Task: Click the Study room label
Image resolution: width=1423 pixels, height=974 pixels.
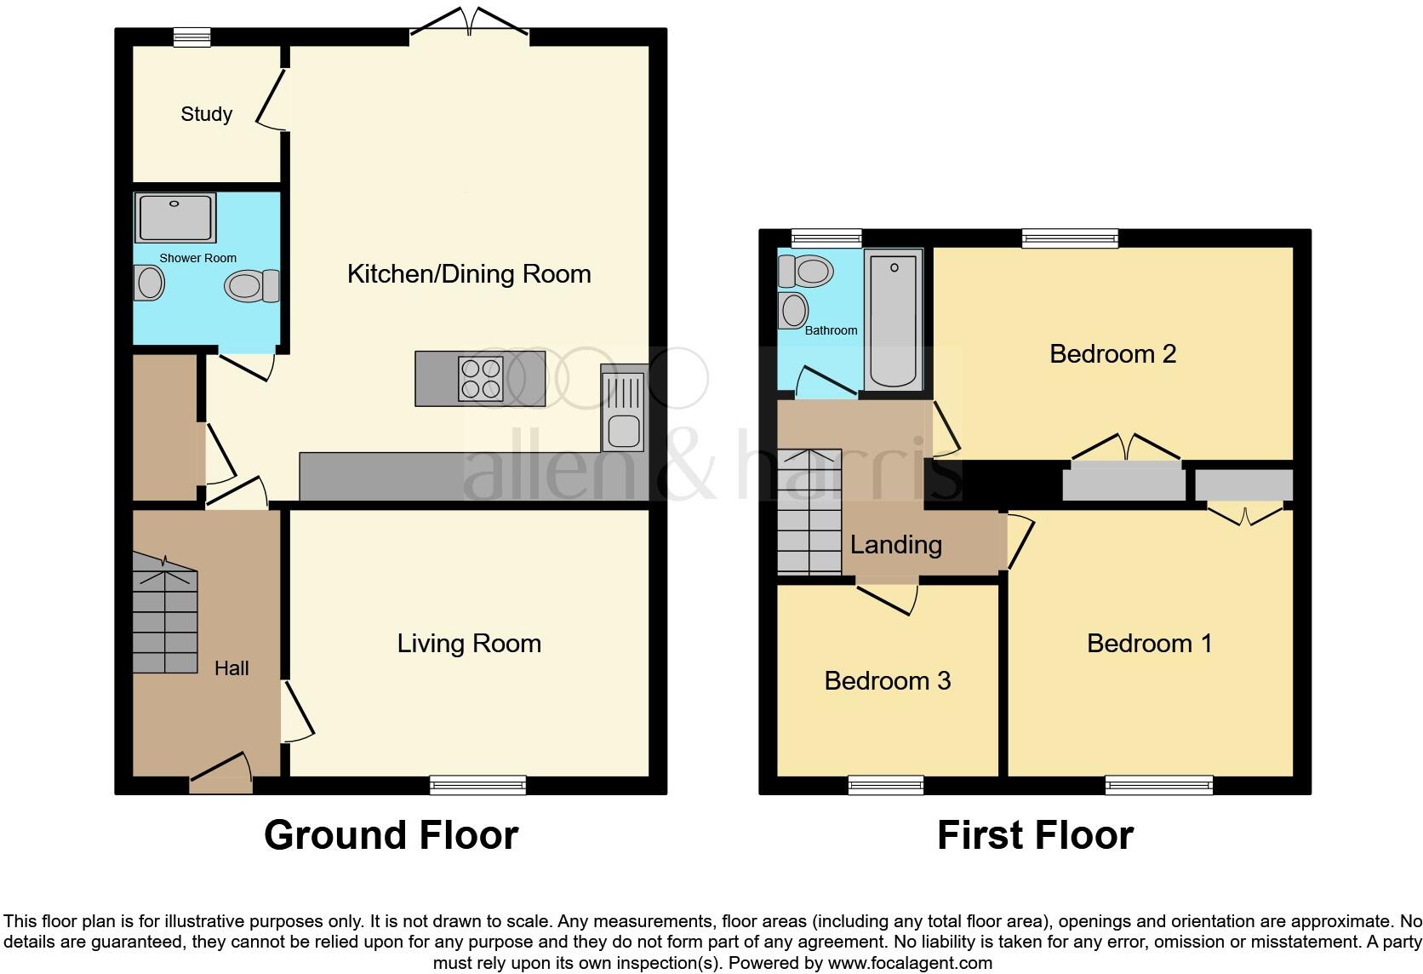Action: [x=206, y=114]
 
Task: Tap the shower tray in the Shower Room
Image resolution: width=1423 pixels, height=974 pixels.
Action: [x=175, y=218]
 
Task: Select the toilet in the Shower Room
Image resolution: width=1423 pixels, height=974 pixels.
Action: [x=252, y=286]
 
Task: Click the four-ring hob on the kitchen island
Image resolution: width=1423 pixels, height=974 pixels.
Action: [x=480, y=378]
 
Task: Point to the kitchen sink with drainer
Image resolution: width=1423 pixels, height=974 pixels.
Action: [x=624, y=407]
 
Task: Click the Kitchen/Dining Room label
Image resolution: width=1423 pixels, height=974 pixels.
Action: [x=469, y=274]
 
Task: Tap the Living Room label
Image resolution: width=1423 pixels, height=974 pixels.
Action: [x=469, y=644]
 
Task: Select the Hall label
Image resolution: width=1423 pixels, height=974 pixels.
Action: [x=231, y=668]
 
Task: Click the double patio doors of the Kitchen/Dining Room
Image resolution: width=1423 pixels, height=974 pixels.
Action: [x=470, y=24]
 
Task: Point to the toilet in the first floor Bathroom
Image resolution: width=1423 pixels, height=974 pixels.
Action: [x=805, y=272]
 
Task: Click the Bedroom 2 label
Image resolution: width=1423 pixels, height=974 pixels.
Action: [x=1112, y=353]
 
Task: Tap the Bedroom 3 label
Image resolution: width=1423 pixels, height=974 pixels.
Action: [x=887, y=681]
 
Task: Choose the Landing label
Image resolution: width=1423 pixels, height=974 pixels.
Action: [x=895, y=545]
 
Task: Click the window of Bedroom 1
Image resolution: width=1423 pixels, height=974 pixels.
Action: [x=1158, y=785]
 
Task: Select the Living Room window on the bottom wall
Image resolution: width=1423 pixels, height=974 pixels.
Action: [x=477, y=785]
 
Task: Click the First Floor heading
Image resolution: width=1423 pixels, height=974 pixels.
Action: [x=1035, y=835]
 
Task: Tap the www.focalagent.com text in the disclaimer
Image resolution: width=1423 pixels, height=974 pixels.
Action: [x=910, y=964]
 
